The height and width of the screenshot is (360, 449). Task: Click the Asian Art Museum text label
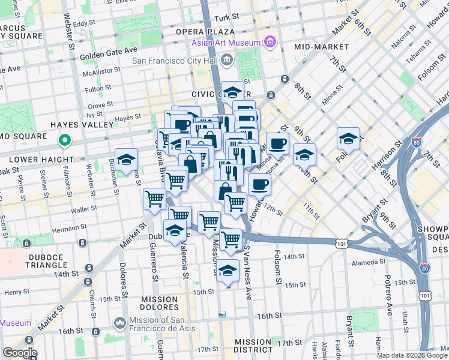226,43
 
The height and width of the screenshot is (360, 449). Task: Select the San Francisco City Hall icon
227,59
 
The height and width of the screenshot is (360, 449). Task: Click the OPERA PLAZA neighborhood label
205,31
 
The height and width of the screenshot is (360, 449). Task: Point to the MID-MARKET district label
322,47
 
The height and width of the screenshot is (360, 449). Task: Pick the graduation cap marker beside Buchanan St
126,160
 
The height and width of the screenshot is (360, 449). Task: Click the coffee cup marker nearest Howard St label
259,185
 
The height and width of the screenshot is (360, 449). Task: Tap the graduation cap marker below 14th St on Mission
228,271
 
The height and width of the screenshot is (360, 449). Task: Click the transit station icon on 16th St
221,314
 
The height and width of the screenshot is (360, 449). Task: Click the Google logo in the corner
19,352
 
